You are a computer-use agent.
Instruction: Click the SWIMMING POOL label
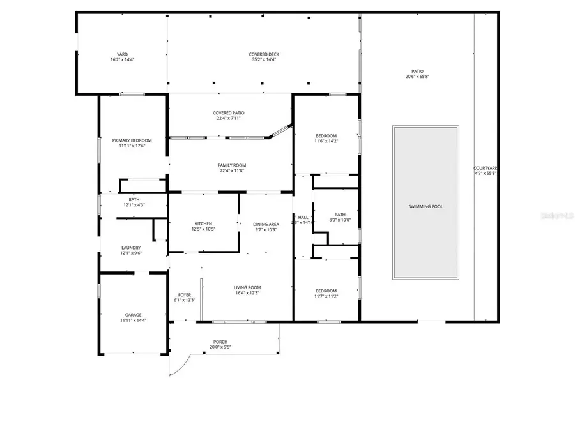425,206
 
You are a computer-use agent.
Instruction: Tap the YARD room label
122,54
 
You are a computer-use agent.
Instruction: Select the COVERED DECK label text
264,54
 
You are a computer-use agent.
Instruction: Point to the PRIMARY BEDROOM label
132,140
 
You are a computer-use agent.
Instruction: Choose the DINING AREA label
266,224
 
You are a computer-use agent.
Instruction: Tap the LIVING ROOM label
247,287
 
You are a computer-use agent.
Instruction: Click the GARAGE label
133,315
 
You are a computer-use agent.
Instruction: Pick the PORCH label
220,342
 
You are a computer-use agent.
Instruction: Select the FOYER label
185,295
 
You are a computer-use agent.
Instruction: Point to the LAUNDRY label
131,248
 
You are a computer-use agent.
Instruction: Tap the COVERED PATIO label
229,113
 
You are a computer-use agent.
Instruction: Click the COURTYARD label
486,168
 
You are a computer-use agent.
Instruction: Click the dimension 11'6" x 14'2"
326,141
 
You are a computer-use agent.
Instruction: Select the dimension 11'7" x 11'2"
326,296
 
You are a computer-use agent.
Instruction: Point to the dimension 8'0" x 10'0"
340,220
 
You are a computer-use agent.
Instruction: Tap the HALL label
303,218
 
